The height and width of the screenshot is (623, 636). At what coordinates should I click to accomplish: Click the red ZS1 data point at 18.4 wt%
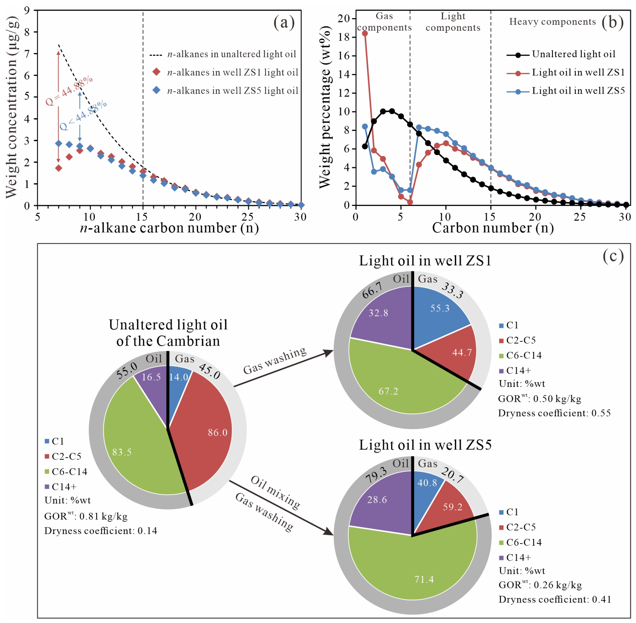click(x=365, y=33)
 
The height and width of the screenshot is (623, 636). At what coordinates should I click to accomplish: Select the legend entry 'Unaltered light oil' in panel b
click(x=573, y=54)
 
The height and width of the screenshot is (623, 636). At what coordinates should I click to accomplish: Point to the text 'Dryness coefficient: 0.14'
click(x=101, y=530)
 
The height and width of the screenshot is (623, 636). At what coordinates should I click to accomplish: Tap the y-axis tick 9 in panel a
click(x=27, y=11)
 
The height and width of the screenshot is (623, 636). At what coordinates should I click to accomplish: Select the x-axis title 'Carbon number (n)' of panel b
click(x=493, y=228)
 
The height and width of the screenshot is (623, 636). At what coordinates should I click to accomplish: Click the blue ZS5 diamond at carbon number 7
click(x=59, y=143)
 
